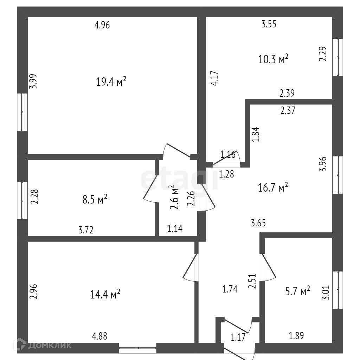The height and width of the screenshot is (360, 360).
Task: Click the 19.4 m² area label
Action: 111,82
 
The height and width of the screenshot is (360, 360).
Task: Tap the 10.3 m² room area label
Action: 273,59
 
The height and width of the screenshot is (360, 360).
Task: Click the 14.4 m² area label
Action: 106,294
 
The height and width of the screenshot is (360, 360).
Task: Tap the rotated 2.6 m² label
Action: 174,198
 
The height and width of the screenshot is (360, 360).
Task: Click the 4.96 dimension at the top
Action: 103,25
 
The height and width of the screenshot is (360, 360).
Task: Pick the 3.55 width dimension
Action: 269,24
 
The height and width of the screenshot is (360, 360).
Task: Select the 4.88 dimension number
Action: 99,336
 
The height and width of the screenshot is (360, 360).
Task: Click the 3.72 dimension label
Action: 86,230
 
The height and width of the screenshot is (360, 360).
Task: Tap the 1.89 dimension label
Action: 296,336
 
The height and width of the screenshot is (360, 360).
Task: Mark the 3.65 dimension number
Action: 258,222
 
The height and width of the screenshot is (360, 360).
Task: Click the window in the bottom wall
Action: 137,348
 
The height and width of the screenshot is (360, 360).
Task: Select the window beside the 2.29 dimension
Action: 338,57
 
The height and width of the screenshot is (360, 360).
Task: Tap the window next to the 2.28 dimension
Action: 22,200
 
